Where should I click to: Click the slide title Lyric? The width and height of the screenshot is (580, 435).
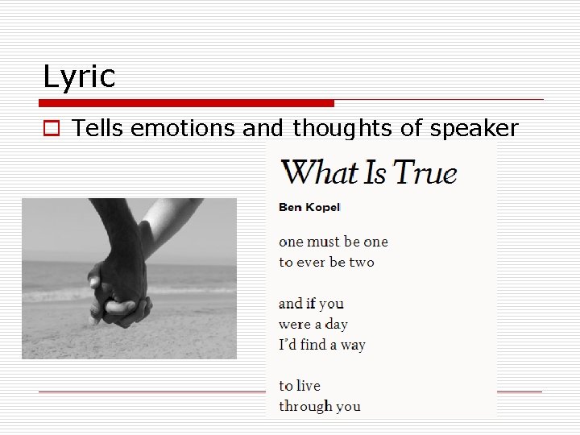pos(79,77)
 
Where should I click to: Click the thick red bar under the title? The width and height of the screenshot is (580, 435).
pos(186,103)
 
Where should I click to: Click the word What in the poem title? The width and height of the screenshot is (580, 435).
pos(319,172)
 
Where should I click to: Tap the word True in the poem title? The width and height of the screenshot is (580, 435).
pos(425,172)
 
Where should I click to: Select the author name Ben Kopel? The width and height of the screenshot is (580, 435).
pos(309,207)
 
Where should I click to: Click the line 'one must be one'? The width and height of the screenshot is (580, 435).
pos(333,242)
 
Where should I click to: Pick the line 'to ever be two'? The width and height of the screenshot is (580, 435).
pos(326,262)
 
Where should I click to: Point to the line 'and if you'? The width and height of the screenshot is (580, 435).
pos(311,304)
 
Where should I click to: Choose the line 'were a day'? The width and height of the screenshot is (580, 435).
pos(313,324)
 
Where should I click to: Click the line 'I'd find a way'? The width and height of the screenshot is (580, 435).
pos(321,345)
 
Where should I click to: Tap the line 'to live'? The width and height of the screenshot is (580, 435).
pos(299,386)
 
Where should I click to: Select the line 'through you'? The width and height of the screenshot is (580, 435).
pos(319,406)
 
